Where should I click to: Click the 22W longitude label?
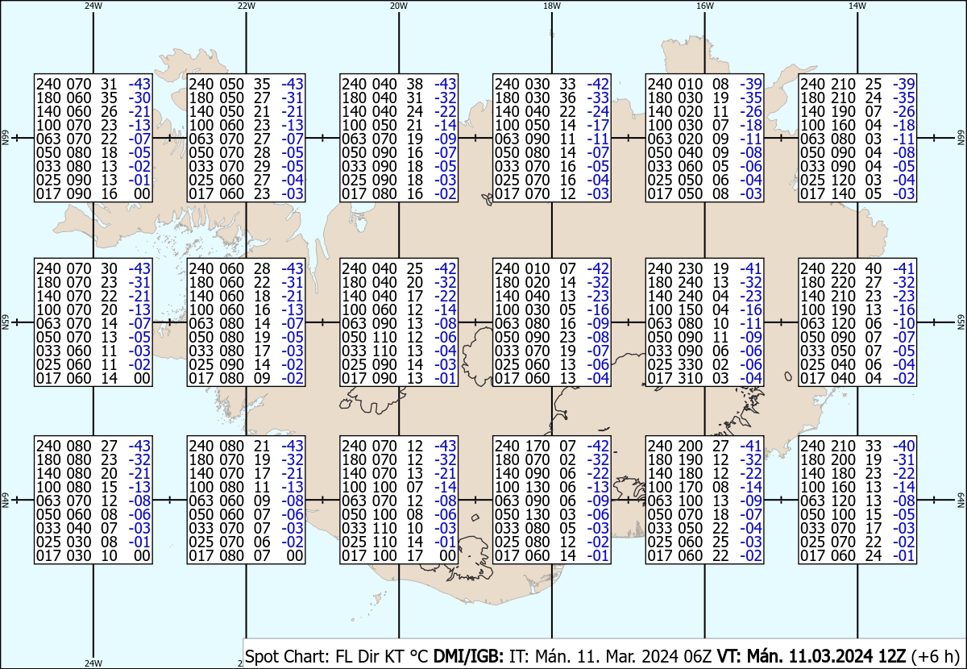(x=246, y=6)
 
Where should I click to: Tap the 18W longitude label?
(x=552, y=6)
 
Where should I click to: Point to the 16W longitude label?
(x=704, y=6)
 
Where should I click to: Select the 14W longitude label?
(x=857, y=6)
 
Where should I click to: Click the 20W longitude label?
(x=399, y=6)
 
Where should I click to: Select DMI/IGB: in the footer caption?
(x=468, y=656)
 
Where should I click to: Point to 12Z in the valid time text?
(x=892, y=656)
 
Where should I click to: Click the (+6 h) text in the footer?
(x=935, y=656)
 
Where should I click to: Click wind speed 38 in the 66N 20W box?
(x=415, y=84)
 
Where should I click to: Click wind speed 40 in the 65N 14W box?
(x=874, y=268)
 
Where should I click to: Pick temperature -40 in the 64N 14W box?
(x=904, y=446)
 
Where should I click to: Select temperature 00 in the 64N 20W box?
(x=449, y=555)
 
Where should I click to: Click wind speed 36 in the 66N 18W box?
(x=567, y=98)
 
